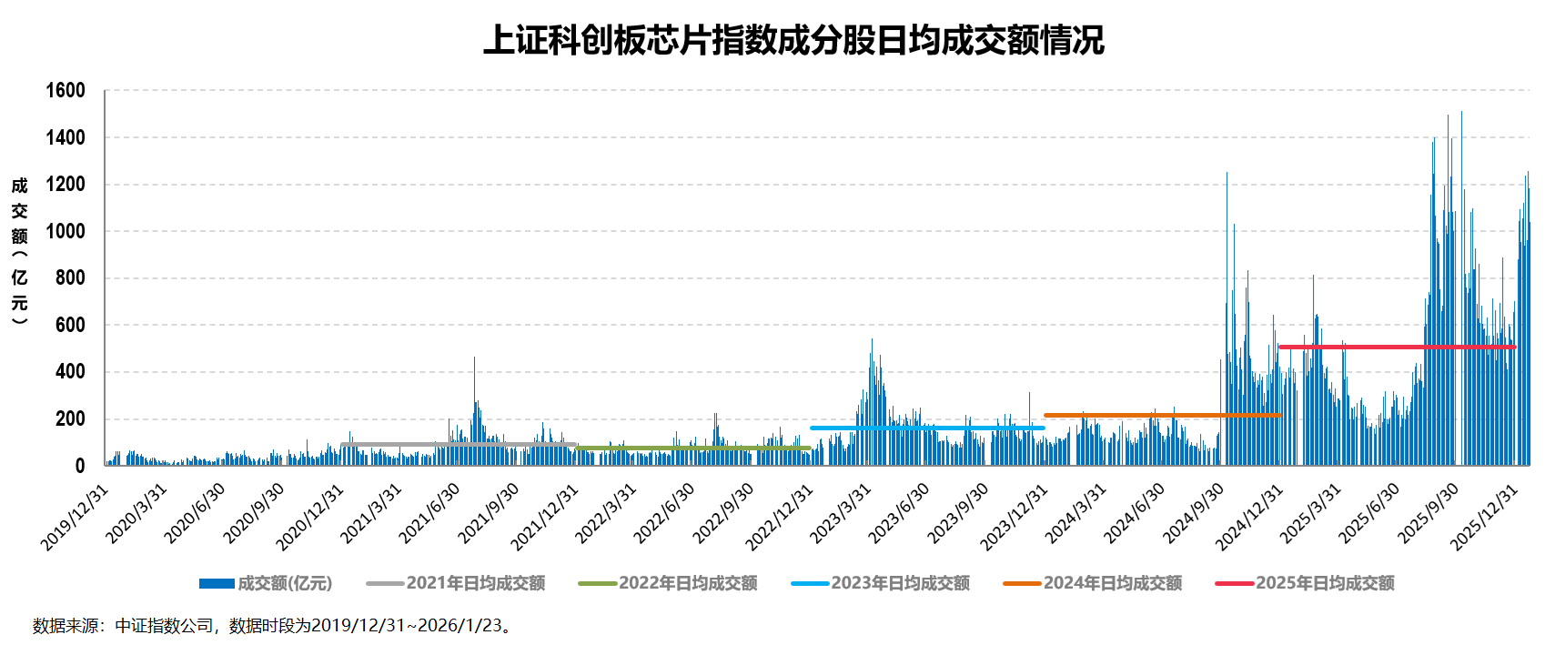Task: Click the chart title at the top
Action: (x=793, y=40)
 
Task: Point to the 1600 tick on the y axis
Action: (x=66, y=90)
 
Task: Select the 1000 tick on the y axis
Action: (x=66, y=231)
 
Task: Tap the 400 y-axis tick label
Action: (x=70, y=371)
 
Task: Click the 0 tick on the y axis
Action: (x=80, y=466)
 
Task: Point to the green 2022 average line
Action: (x=692, y=448)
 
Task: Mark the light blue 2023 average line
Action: (x=926, y=428)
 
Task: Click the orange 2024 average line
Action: (x=1162, y=415)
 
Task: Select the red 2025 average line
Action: (x=1397, y=347)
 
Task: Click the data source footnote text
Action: (x=273, y=626)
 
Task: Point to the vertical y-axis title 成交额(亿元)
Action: (x=20, y=251)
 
